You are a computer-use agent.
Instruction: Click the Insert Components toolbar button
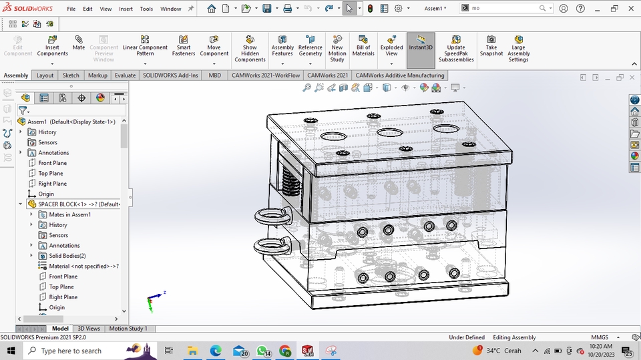pyautogui.click(x=52, y=48)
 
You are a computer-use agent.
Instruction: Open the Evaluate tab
pyautogui.click(x=125, y=75)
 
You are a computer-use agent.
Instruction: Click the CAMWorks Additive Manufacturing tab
pyautogui.click(x=399, y=75)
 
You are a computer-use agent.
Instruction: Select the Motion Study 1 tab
pyautogui.click(x=128, y=329)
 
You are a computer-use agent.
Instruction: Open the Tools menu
pyautogui.click(x=146, y=9)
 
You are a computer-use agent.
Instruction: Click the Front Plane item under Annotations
pyautogui.click(x=52, y=163)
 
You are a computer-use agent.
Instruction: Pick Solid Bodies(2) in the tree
pyautogui.click(x=67, y=256)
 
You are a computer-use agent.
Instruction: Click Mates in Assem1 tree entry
pyautogui.click(x=69, y=214)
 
